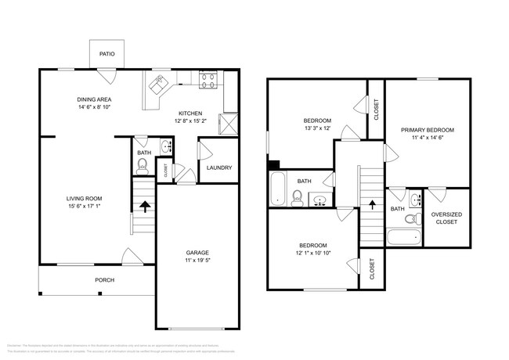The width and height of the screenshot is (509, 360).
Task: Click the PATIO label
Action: (x=106, y=54)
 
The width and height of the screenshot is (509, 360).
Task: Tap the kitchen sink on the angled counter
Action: (x=159, y=82)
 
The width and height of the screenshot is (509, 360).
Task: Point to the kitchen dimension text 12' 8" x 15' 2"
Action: (x=190, y=121)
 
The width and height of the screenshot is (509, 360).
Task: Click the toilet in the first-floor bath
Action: (x=143, y=165)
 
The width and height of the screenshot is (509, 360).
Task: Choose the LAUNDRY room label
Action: (x=218, y=167)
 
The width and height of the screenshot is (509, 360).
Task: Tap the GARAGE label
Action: (x=197, y=252)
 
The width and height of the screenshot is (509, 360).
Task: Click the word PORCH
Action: (x=105, y=279)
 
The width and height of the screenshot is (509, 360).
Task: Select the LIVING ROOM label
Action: (x=83, y=199)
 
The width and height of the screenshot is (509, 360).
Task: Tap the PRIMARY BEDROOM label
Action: (x=428, y=129)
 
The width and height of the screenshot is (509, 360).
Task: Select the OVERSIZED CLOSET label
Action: (x=446, y=218)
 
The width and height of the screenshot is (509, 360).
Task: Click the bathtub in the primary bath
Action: (x=404, y=237)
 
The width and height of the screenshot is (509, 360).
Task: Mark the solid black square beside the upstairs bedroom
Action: (x=273, y=164)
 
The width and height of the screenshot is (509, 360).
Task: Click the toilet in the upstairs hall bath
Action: (x=298, y=196)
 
